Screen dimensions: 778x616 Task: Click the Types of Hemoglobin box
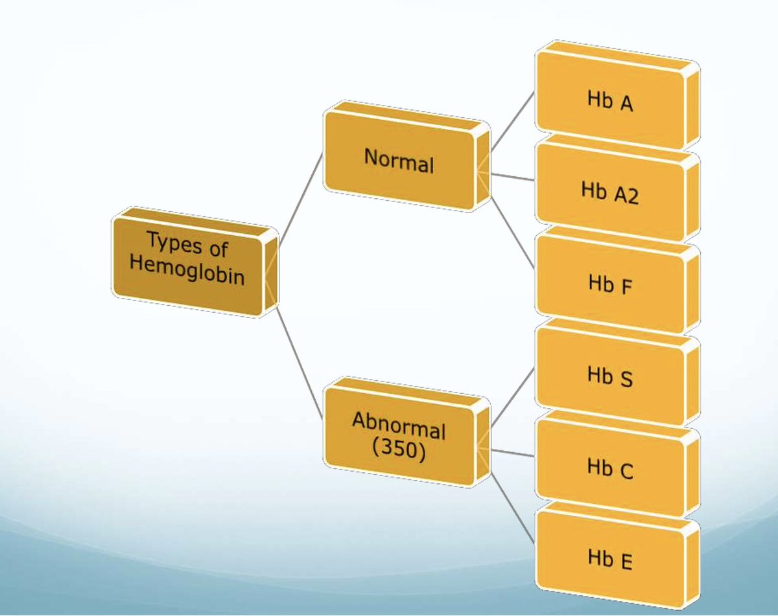(x=188, y=262)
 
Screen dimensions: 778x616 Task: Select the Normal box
(x=399, y=159)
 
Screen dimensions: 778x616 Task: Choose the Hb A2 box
(x=609, y=193)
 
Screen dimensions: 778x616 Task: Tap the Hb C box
(x=609, y=468)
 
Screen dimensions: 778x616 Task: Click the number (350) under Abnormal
(x=399, y=451)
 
